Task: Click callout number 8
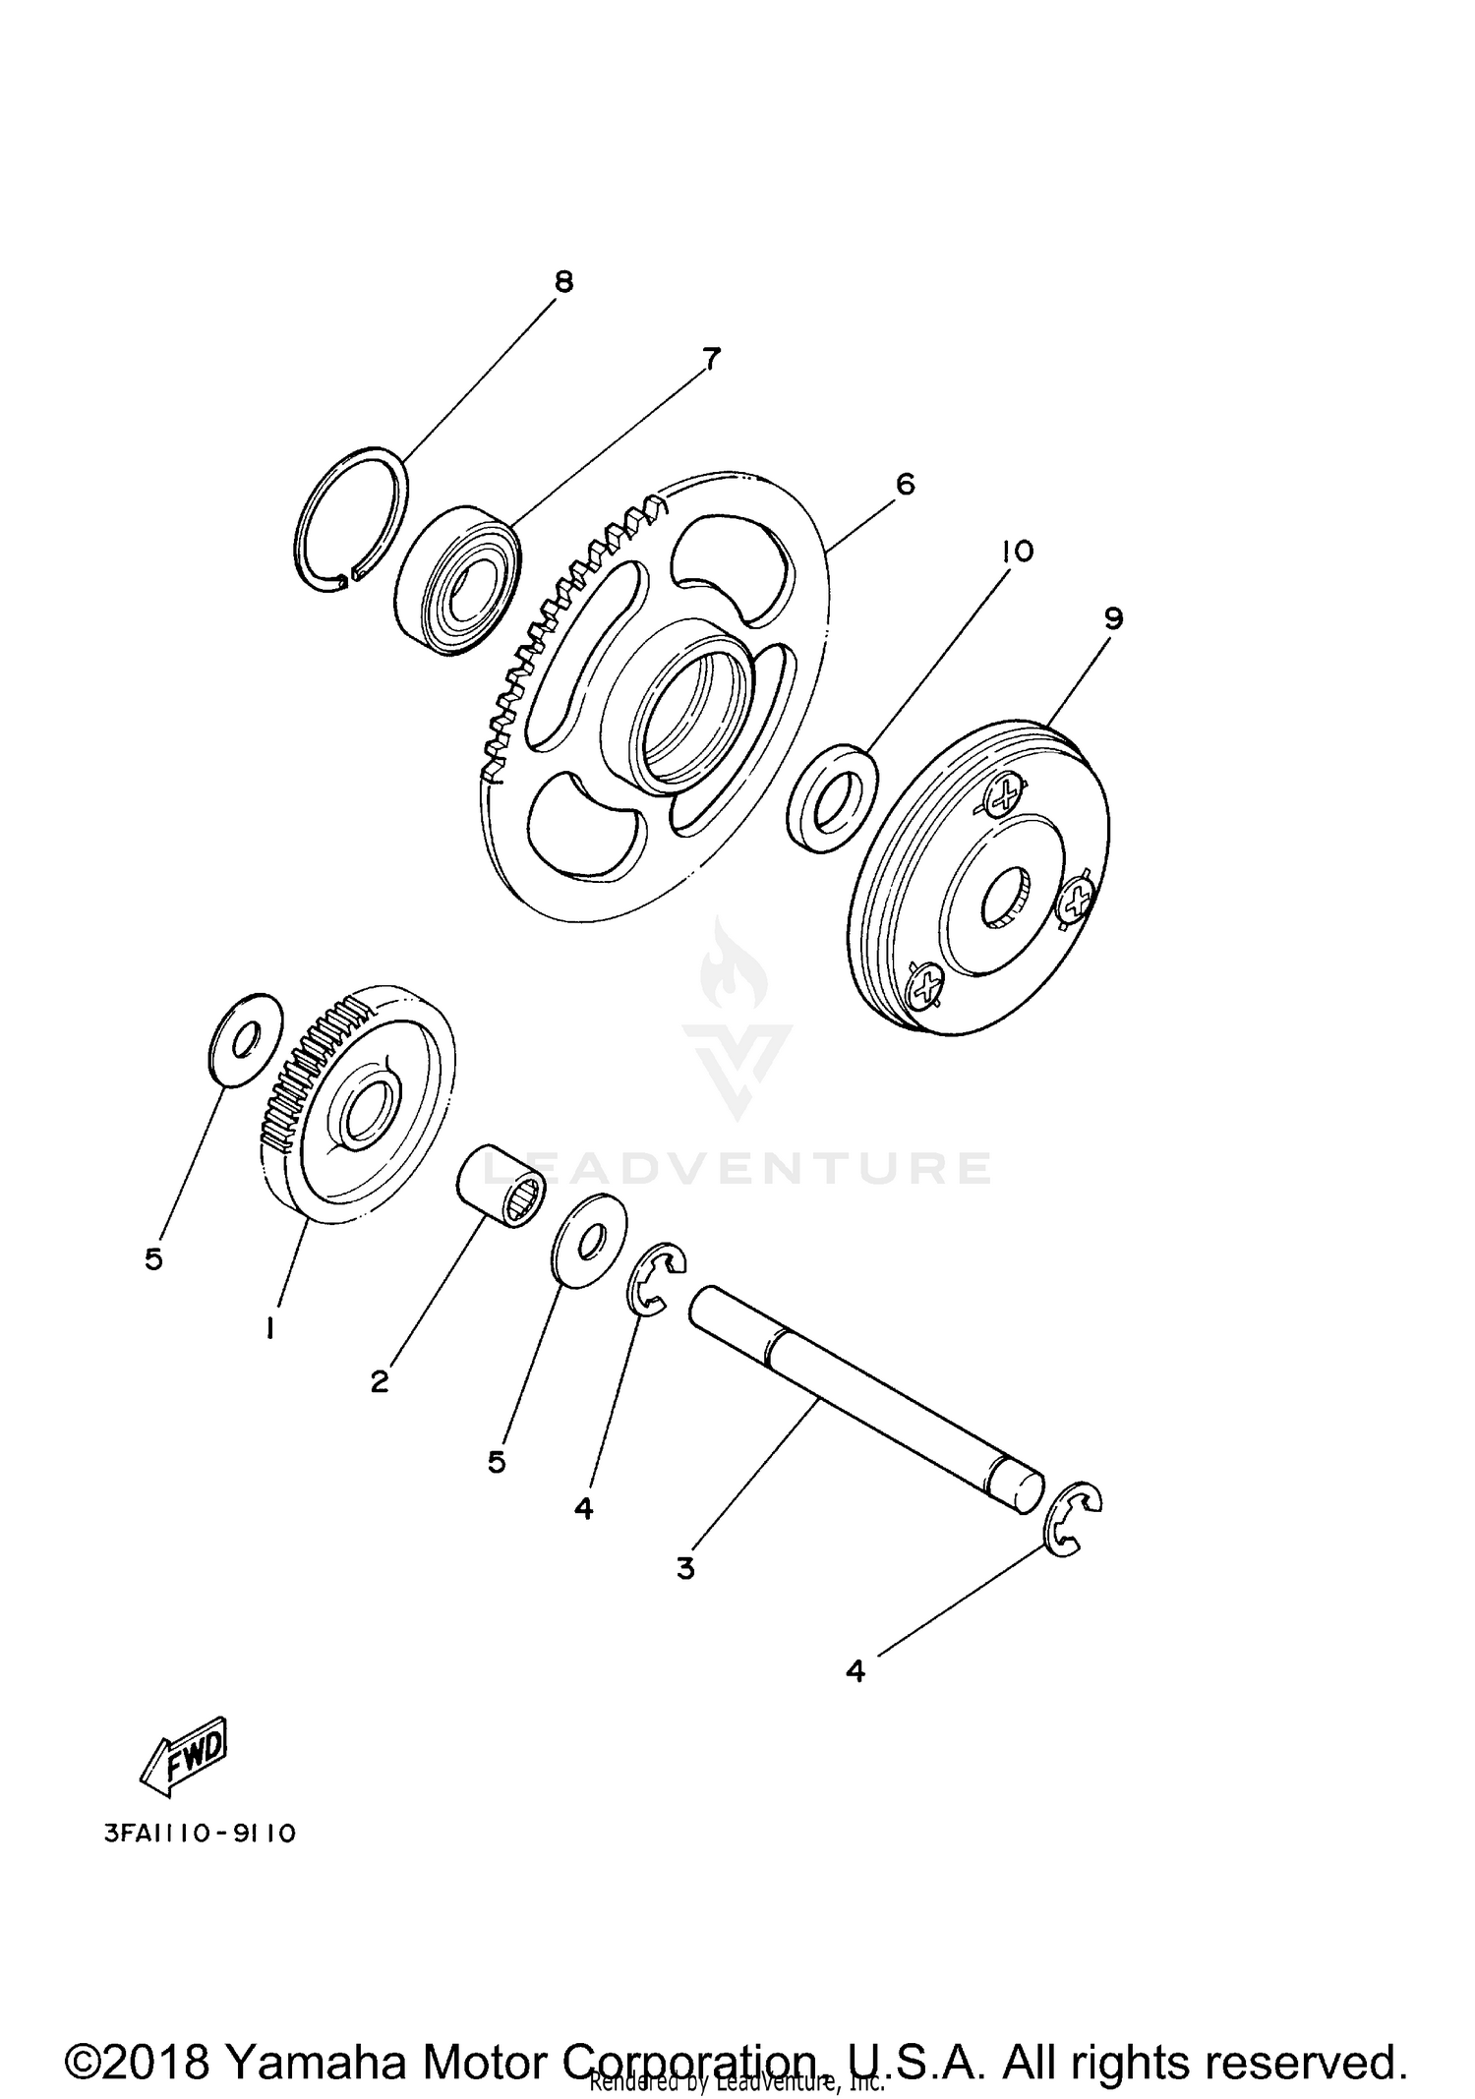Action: [562, 282]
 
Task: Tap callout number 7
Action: [711, 359]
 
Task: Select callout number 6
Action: [905, 484]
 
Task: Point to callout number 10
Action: [1017, 552]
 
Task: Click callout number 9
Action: [1113, 618]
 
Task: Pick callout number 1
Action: [268, 1328]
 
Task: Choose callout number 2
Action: [380, 1381]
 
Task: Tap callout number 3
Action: [685, 1568]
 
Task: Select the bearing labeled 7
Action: [457, 581]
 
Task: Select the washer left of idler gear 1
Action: [246, 1040]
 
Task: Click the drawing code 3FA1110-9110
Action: [199, 1834]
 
